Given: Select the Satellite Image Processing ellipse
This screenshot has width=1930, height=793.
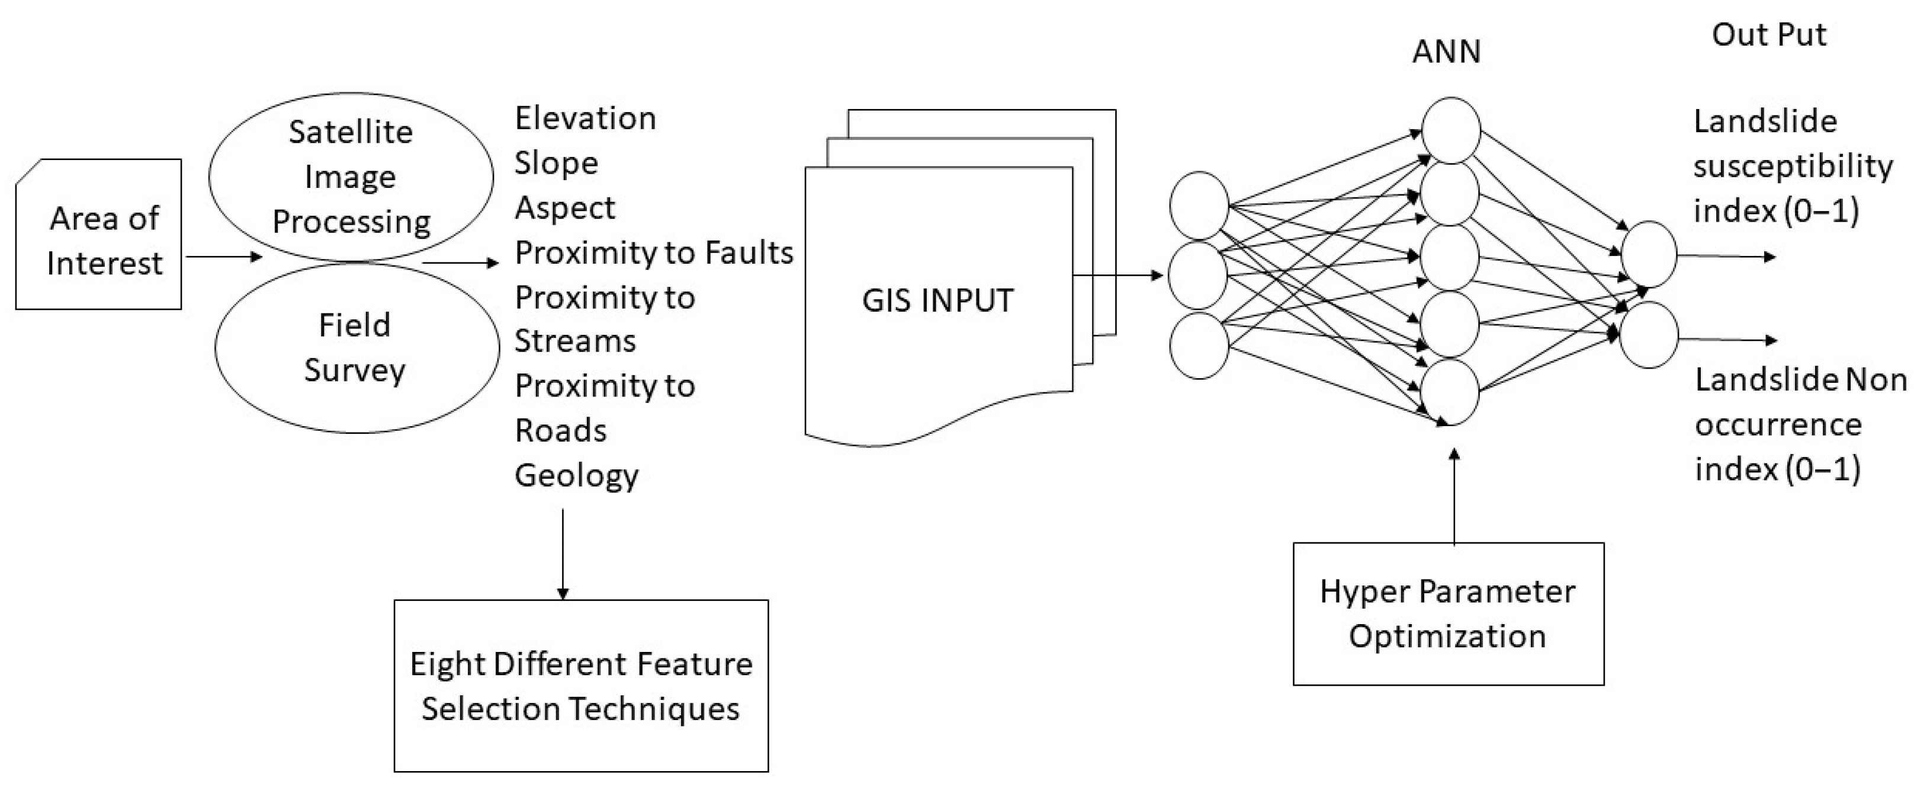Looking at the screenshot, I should (x=351, y=177).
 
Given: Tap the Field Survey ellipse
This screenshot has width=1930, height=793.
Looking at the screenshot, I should (x=356, y=348).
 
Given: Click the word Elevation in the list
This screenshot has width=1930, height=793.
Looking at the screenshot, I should (x=585, y=119).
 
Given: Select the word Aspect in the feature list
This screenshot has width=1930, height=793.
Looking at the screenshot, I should (x=565, y=207).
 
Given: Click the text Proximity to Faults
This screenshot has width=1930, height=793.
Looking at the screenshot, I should (x=653, y=252).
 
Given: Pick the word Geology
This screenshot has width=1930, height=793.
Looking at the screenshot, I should (x=576, y=475).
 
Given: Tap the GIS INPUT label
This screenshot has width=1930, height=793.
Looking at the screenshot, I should (x=937, y=300).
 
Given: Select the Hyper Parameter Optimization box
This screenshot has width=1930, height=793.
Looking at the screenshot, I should (x=1447, y=613).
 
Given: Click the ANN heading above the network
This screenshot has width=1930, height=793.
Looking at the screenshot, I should (x=1446, y=52).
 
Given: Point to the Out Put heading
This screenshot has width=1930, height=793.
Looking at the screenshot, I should (x=1769, y=35).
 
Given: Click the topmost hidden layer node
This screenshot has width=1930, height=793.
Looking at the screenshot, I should (x=1450, y=130).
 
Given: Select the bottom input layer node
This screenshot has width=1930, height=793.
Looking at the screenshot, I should (x=1198, y=346).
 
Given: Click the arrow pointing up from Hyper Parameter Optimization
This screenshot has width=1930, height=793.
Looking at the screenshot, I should (x=1454, y=495).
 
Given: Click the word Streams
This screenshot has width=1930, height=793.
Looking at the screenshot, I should (x=574, y=341).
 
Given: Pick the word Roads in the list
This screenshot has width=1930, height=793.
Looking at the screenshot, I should (x=560, y=430).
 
